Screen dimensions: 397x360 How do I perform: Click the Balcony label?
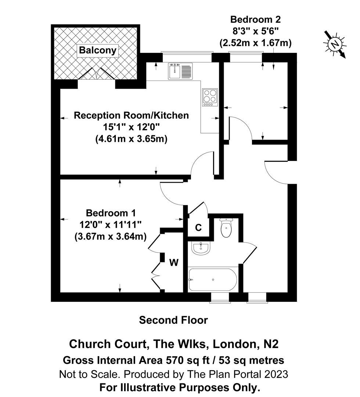click(x=98, y=50)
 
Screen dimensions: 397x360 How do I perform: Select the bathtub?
click(x=213, y=280)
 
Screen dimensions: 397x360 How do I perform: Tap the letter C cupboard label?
click(x=198, y=228)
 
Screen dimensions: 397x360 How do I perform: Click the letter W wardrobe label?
click(x=174, y=262)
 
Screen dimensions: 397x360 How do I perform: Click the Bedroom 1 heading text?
click(x=111, y=213)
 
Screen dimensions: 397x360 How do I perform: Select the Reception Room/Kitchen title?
click(x=131, y=115)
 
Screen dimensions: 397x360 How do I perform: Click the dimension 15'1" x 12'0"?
click(x=131, y=127)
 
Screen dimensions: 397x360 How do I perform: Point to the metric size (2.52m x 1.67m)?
click(x=255, y=43)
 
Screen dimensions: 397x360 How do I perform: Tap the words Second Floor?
click(x=173, y=320)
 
